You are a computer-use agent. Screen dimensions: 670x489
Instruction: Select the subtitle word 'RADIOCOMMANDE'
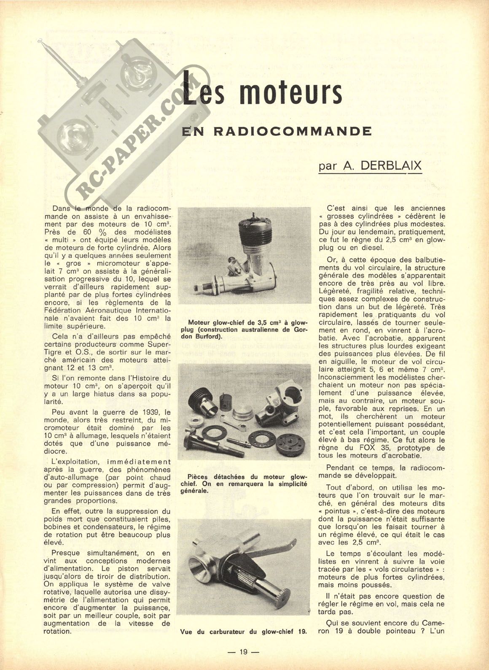[293, 131]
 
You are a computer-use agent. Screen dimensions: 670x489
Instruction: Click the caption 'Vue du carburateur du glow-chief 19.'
[243, 632]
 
